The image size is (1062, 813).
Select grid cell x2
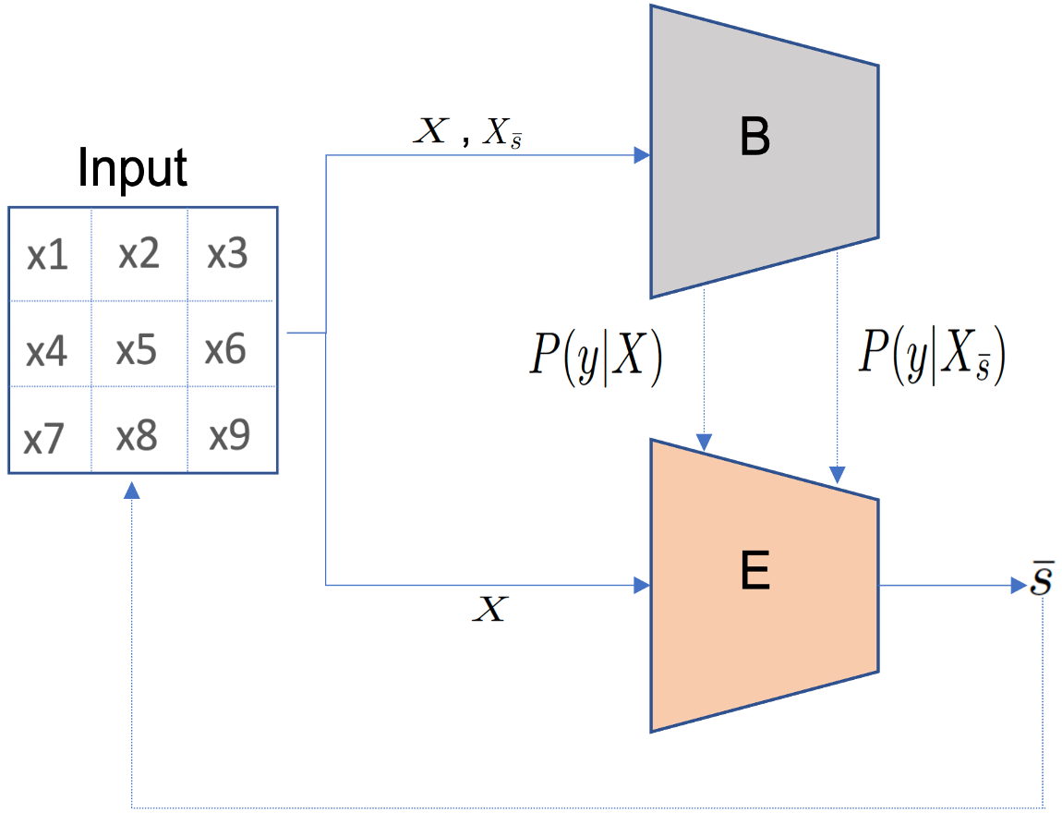(139, 253)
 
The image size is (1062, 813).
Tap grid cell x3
(228, 252)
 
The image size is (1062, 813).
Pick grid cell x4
(47, 352)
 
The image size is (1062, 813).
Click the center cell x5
(137, 350)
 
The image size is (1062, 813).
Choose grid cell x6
(226, 349)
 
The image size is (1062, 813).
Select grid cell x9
(229, 435)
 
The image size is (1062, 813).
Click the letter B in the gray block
(754, 139)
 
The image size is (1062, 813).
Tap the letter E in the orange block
(754, 575)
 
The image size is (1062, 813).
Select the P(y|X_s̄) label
(931, 356)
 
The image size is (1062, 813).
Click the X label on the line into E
(490, 610)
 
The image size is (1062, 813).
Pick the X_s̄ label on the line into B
(501, 135)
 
